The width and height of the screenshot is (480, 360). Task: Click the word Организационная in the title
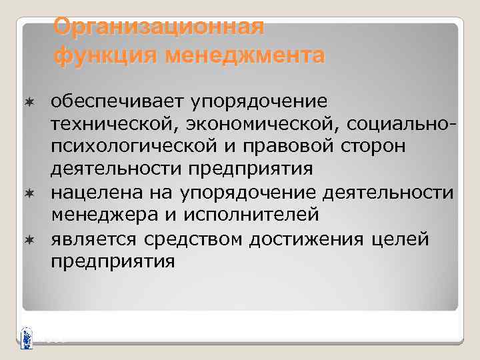tap(159, 27)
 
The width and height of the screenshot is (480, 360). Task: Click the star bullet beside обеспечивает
tap(29, 101)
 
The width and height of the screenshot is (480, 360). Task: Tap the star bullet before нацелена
tap(29, 193)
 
